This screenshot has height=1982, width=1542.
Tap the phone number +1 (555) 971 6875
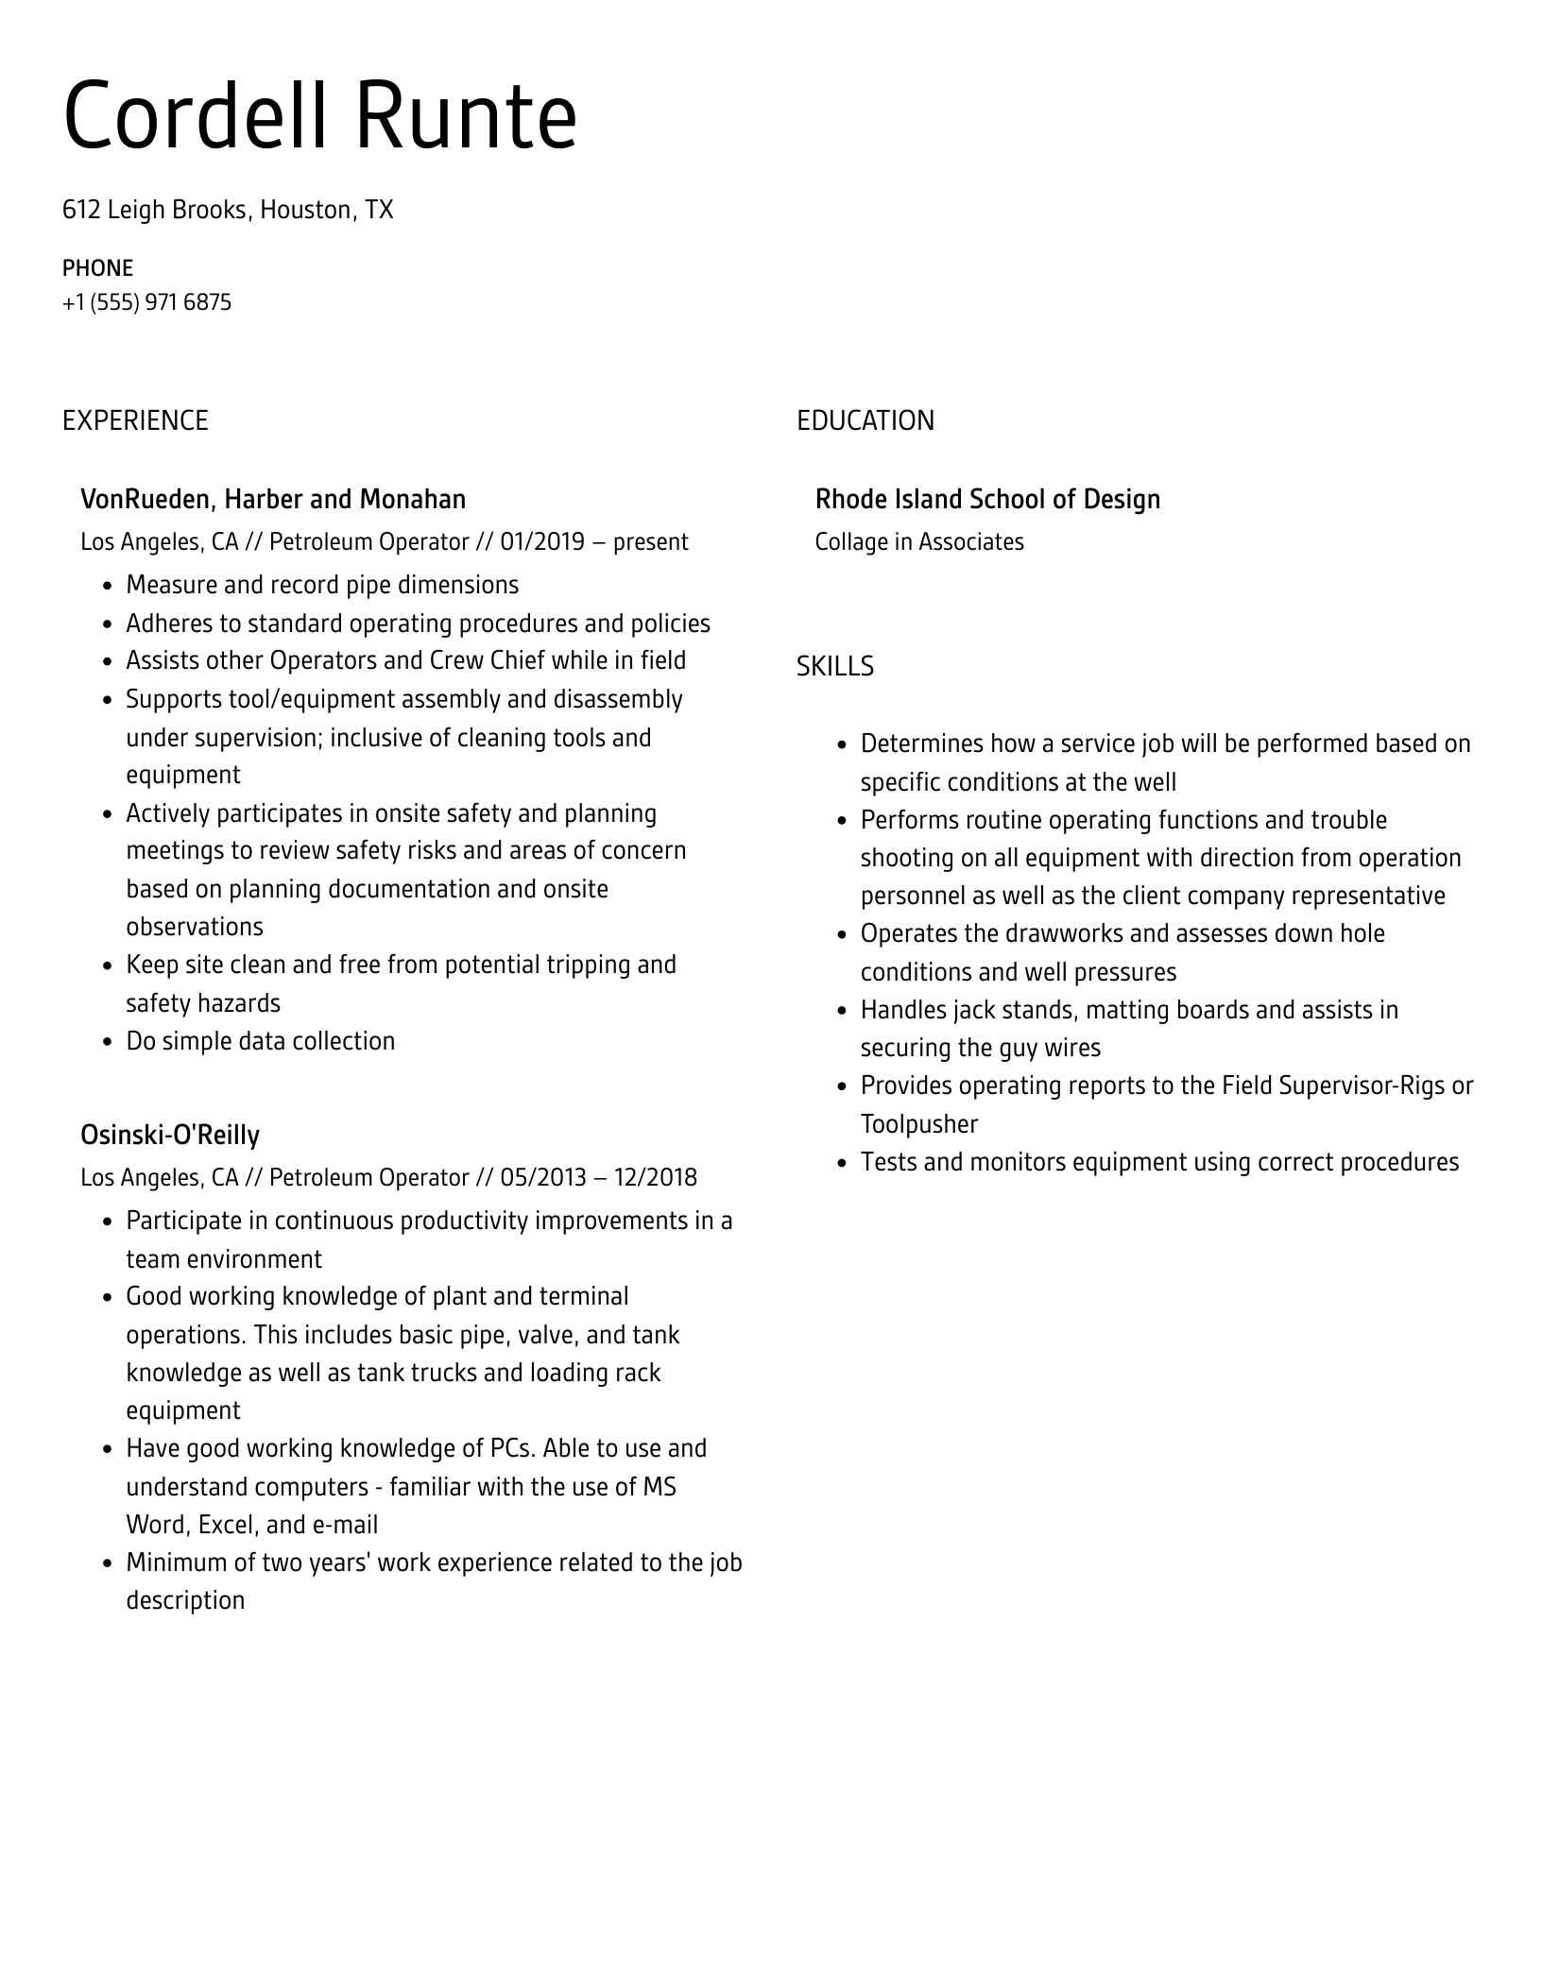(x=146, y=303)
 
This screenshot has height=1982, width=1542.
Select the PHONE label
(x=97, y=268)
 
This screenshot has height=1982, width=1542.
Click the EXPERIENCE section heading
(x=135, y=421)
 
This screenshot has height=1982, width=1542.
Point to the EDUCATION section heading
(x=865, y=421)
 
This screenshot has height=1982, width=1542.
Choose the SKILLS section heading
(x=834, y=667)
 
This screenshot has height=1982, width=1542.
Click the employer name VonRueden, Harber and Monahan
(x=273, y=500)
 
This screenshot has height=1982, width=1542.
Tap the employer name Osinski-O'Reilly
(x=170, y=1135)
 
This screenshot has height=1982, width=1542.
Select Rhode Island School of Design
(x=987, y=500)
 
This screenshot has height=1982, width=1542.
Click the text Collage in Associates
(x=919, y=542)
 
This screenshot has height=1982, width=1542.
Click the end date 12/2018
(x=655, y=1178)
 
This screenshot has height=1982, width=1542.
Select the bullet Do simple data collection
(x=261, y=1041)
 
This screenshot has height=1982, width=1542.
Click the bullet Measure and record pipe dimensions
(x=322, y=586)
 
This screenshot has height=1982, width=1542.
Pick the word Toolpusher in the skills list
(x=918, y=1124)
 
